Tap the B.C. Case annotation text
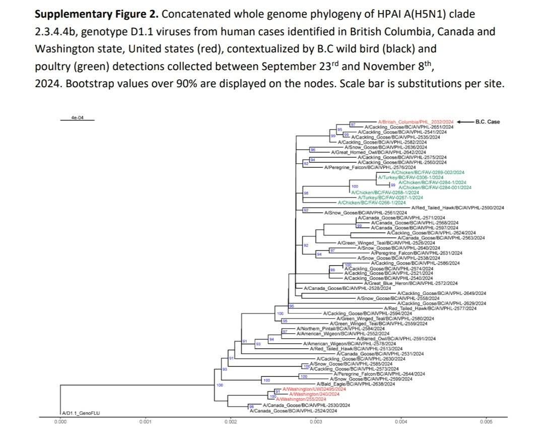(x=488, y=122)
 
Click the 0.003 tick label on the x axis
(x=316, y=421)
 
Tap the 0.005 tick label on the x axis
(x=486, y=421)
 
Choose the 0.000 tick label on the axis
(x=60, y=421)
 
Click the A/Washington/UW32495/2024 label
(x=314, y=389)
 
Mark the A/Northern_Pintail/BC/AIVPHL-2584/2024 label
(x=329, y=329)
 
